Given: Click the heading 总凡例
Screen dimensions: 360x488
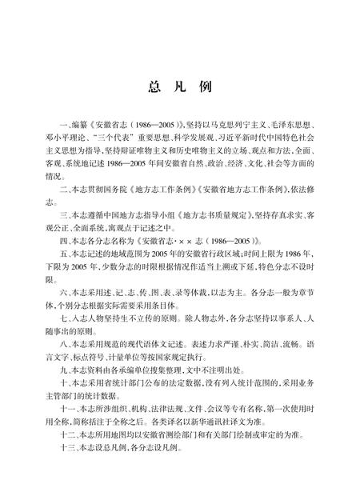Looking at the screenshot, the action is pos(179,86).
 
